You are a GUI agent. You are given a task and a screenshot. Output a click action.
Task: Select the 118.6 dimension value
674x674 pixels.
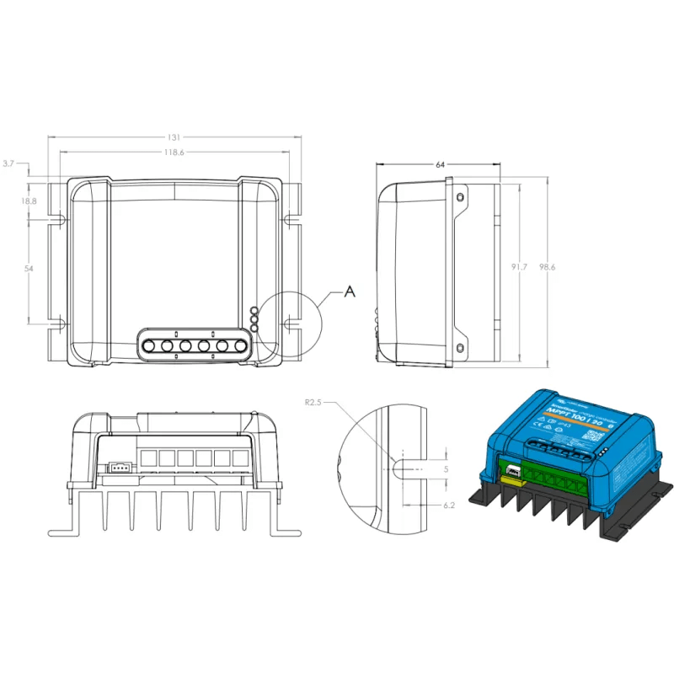tap(174, 152)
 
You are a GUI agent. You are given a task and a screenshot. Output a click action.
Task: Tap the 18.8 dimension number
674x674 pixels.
tap(29, 201)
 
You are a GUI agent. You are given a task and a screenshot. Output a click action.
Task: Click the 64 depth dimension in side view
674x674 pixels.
tap(440, 166)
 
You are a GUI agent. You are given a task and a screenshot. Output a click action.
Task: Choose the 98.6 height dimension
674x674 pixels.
tap(548, 267)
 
